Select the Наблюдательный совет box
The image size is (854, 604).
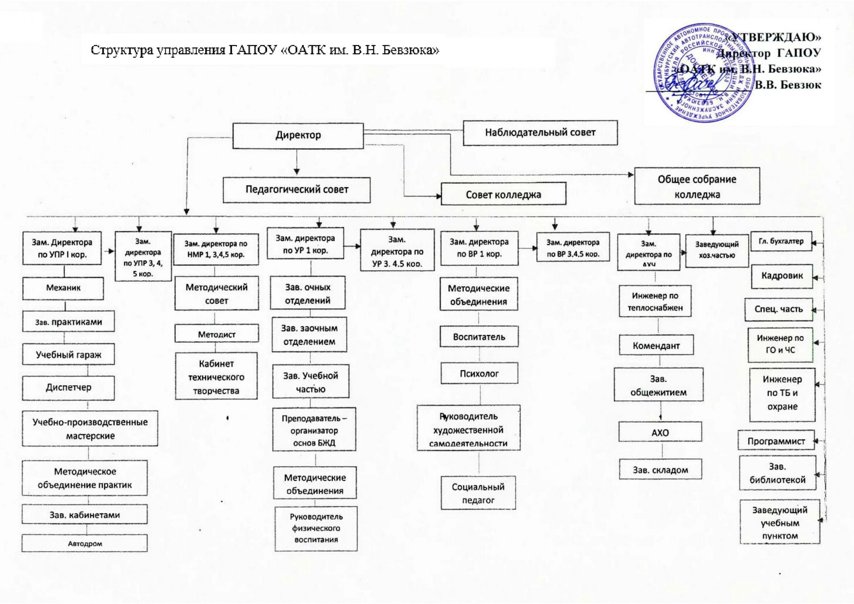tap(540, 133)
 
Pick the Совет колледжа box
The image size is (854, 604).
tap(503, 194)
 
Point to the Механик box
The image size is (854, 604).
tap(63, 288)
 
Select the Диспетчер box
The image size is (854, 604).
tap(68, 388)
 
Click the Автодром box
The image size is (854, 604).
tap(85, 543)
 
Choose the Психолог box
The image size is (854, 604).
tap(479, 373)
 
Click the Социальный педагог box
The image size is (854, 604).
tap(478, 493)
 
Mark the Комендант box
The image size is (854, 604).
tap(656, 346)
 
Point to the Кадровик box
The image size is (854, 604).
tap(782, 276)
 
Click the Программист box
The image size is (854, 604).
tap(776, 441)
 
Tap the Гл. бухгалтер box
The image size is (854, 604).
tap(781, 241)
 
